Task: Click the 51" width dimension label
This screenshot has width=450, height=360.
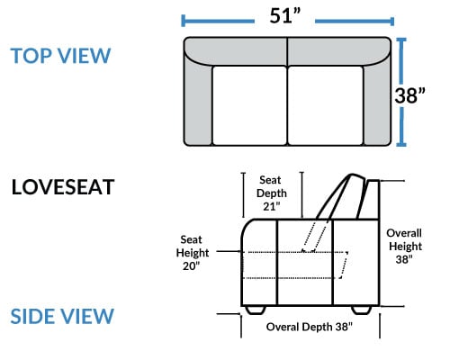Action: [284, 16]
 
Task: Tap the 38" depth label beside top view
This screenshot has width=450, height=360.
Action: [409, 95]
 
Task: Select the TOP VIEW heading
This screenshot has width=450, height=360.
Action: [60, 56]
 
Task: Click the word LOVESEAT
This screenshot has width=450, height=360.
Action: [63, 187]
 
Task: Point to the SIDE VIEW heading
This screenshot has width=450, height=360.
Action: [62, 316]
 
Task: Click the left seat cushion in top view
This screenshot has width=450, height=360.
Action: [249, 105]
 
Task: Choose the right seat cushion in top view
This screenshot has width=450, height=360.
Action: [326, 105]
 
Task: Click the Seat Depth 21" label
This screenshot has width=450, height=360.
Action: [272, 193]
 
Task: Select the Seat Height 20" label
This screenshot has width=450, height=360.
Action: [193, 253]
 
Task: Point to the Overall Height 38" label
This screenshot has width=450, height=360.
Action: [404, 246]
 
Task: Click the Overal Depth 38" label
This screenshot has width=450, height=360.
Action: [310, 327]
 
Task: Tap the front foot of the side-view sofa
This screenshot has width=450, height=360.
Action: [256, 310]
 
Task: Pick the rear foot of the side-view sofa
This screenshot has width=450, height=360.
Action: [361, 310]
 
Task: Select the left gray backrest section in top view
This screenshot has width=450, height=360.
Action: [236, 50]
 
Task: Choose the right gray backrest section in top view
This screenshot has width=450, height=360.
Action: [339, 50]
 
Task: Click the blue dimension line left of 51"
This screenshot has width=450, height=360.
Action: [218, 21]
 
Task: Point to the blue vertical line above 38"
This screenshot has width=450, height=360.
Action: [401, 61]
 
